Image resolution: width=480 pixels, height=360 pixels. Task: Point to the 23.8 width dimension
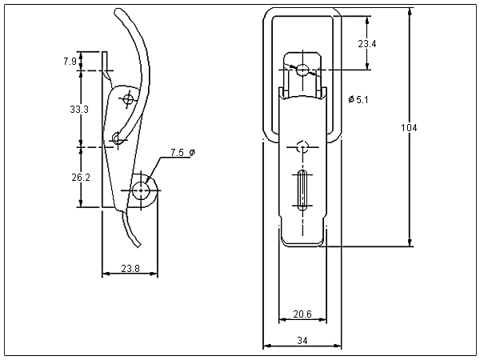(x=130, y=269)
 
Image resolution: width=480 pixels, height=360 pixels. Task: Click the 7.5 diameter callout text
(x=178, y=152)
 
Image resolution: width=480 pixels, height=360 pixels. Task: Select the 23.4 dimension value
(x=367, y=44)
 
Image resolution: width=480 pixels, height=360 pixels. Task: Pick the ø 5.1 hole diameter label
(x=359, y=98)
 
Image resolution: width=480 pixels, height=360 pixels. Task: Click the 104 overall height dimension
(x=409, y=128)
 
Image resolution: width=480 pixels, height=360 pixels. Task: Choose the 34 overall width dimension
(x=302, y=341)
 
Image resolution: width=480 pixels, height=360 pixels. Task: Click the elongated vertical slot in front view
(x=302, y=190)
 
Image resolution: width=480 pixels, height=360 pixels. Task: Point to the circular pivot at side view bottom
(x=144, y=190)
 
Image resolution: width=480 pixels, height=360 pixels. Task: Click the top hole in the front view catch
(x=302, y=70)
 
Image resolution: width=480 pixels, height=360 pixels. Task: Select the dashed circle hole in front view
(x=302, y=146)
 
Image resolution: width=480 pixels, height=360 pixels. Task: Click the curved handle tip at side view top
(x=120, y=14)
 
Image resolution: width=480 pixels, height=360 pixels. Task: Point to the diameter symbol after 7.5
(x=192, y=152)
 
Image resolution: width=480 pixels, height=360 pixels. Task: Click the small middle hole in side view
(x=117, y=139)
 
